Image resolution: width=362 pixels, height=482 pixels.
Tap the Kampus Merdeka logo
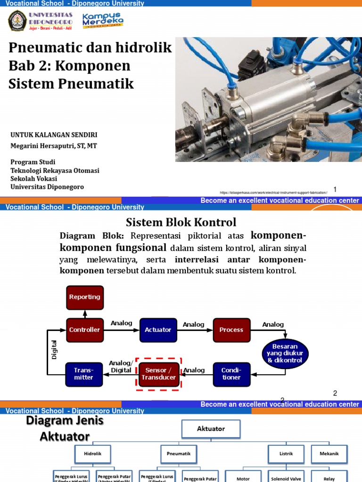click(x=103, y=21)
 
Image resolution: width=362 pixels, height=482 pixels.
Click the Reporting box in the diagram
click(x=85, y=297)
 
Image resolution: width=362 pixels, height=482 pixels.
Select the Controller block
click(x=85, y=330)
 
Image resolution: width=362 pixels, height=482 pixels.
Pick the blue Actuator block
click(x=158, y=330)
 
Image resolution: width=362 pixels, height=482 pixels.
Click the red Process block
click(x=231, y=330)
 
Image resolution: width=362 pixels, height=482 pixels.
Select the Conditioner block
click(x=231, y=374)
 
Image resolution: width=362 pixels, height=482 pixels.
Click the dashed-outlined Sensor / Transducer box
click(x=158, y=374)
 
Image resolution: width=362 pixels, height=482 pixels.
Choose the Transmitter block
click(x=83, y=374)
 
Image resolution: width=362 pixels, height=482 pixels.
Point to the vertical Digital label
click(x=54, y=349)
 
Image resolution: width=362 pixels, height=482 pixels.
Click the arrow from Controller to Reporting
click(x=85, y=314)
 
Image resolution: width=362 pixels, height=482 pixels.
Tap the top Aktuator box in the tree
click(x=211, y=429)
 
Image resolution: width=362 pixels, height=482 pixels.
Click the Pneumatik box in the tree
click(x=179, y=454)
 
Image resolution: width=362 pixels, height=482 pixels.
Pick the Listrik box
click(x=287, y=454)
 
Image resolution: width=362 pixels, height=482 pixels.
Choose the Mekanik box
click(x=329, y=454)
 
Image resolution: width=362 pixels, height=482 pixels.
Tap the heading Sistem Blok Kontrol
click(x=181, y=222)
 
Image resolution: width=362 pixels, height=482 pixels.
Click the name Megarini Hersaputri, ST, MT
click(x=54, y=146)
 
